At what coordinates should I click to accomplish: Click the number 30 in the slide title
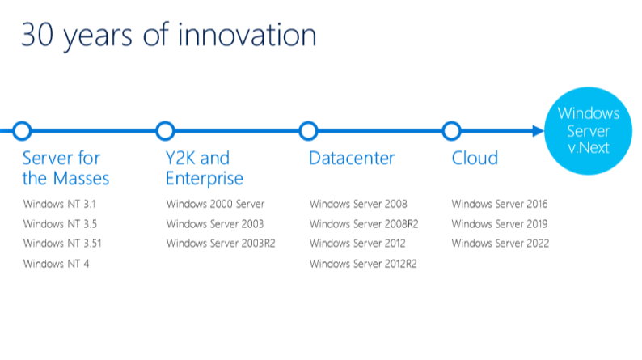37,35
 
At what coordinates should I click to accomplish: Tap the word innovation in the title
247,35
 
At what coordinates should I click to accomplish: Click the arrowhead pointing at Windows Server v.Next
538,131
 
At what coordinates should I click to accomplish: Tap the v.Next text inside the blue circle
589,147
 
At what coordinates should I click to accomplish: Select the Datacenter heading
352,158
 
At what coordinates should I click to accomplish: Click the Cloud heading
475,158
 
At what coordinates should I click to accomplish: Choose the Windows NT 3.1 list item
60,204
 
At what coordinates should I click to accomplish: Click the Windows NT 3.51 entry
62,244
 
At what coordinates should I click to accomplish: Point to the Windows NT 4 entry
56,264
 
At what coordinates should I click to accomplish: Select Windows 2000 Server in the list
215,204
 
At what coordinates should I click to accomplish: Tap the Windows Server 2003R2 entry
221,244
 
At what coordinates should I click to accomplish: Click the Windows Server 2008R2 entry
364,224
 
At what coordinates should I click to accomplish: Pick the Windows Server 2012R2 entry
363,264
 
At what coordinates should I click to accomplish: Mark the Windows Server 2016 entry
500,204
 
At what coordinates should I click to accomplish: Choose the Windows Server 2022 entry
501,244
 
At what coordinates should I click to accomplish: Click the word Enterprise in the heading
205,179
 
